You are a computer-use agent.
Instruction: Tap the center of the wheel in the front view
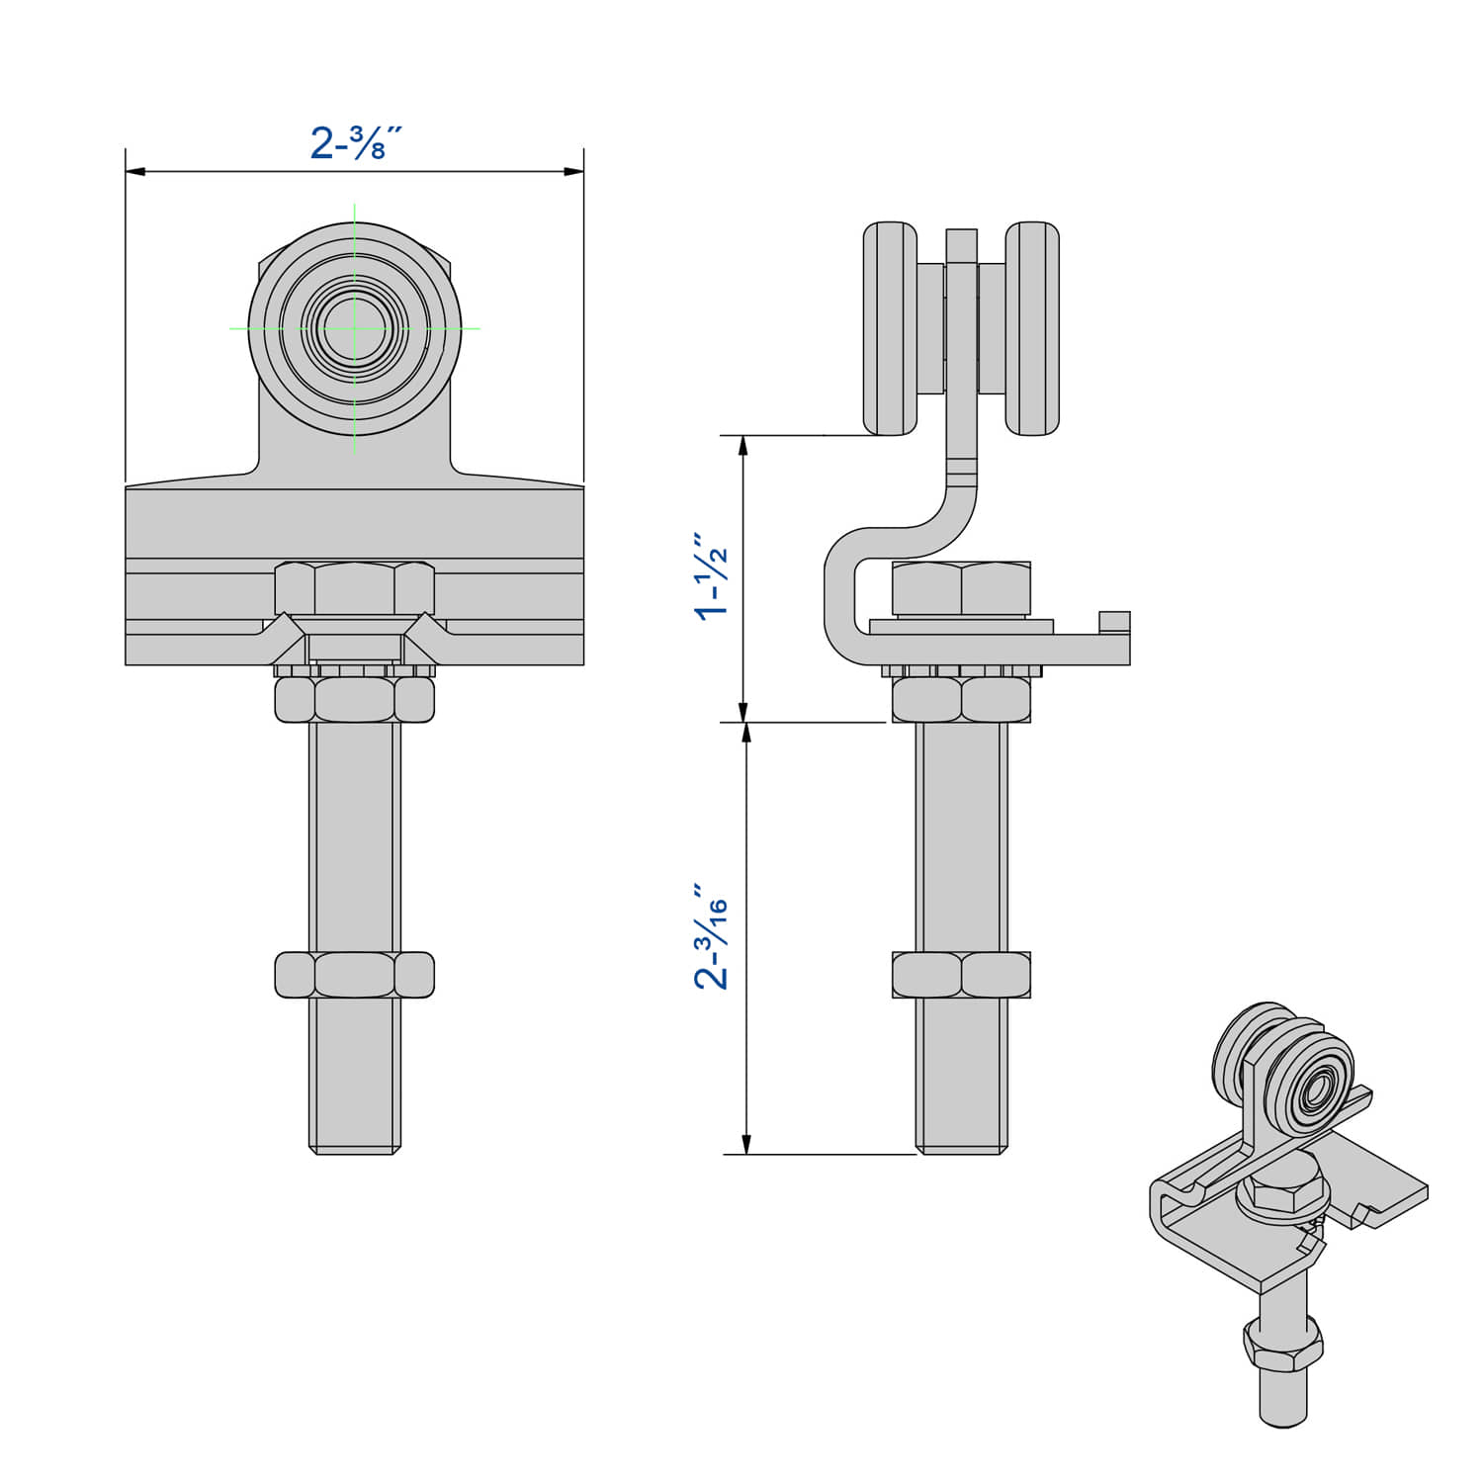click(355, 328)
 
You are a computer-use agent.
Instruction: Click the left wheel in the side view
click(890, 328)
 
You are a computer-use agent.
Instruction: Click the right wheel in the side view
click(1032, 328)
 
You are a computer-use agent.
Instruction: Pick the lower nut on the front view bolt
click(354, 975)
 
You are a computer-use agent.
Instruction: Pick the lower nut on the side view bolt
click(961, 975)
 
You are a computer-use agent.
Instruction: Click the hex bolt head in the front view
click(354, 589)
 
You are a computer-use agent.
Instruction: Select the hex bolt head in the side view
click(961, 589)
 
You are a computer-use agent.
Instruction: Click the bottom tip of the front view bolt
click(354, 1150)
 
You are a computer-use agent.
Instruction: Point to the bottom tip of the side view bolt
click(961, 1150)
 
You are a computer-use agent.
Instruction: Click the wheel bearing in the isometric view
click(1317, 1091)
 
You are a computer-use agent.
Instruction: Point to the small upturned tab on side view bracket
click(1114, 622)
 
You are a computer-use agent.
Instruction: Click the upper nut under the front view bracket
click(354, 700)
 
